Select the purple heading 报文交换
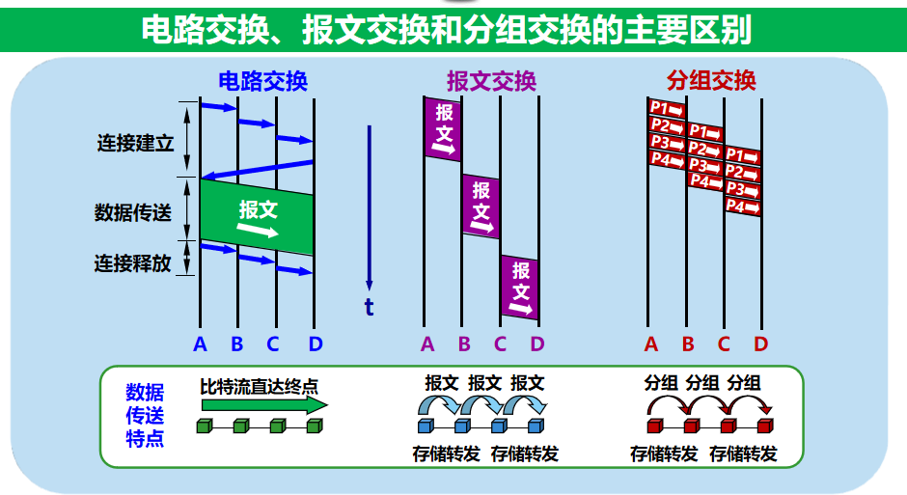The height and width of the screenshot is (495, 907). (490, 81)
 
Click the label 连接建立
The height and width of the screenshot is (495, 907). (134, 143)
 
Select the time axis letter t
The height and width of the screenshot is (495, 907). (369, 307)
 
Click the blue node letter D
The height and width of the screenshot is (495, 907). (315, 344)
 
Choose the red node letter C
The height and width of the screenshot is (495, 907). (724, 344)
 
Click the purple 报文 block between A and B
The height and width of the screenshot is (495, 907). (444, 128)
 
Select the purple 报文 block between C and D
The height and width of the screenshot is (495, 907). (520, 286)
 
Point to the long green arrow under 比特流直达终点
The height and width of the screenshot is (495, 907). (262, 406)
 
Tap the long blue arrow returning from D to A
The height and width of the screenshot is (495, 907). (257, 169)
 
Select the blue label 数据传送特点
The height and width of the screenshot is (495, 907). (145, 416)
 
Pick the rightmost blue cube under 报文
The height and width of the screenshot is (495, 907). (536, 426)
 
